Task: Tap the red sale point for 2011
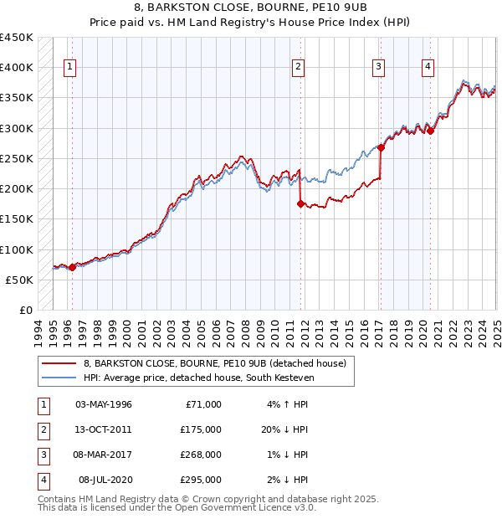300,203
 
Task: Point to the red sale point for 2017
381,147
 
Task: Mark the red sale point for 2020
429,131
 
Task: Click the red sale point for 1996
72,267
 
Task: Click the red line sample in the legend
59,363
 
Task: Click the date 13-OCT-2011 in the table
104,430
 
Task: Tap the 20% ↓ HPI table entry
284,430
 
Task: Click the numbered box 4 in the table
42,480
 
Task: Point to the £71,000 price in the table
202,405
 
